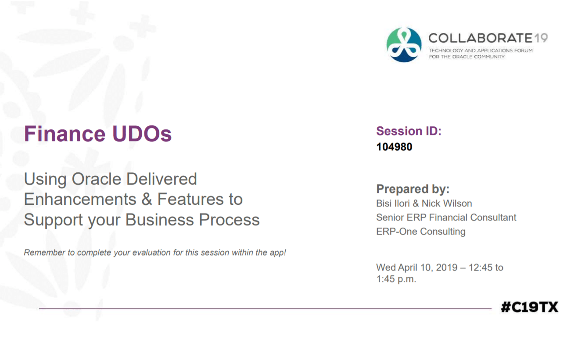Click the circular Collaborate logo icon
click(404, 45)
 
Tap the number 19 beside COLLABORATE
click(541, 38)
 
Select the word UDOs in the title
click(142, 134)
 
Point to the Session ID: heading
click(409, 131)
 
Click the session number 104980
click(394, 147)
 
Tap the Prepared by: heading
click(413, 189)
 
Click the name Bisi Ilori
click(393, 203)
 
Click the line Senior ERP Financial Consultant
click(446, 217)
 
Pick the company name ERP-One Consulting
click(420, 232)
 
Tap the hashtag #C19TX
click(529, 307)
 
